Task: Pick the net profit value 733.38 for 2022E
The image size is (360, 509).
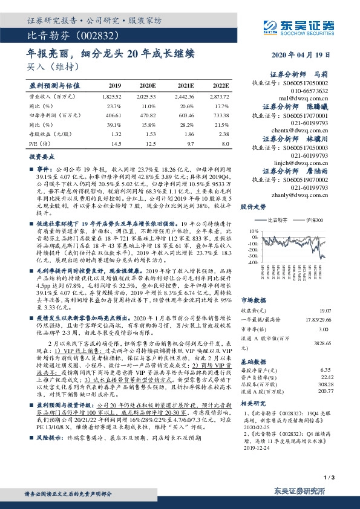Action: pyautogui.click(x=220, y=114)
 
